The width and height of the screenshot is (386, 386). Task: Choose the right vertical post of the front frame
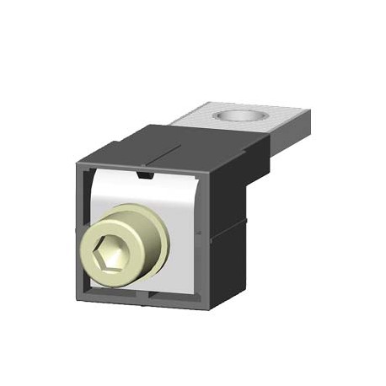coord(205,236)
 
